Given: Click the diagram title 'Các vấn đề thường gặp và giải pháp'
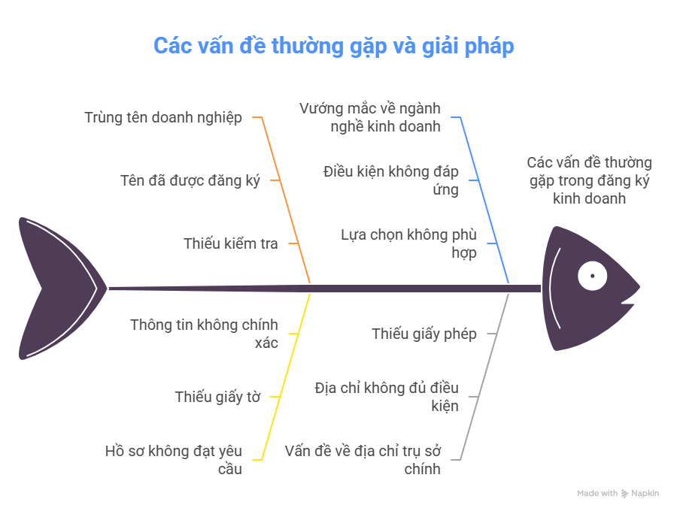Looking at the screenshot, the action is (x=334, y=46).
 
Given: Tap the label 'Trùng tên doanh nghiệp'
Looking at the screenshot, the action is (x=163, y=117).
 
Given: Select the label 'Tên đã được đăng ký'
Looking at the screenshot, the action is (x=190, y=180).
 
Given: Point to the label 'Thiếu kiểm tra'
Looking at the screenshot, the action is (x=231, y=243).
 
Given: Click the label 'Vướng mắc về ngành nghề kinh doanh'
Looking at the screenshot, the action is (x=370, y=117).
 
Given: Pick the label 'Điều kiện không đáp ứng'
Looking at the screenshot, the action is (x=390, y=180).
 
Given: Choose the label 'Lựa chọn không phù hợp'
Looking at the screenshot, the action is (x=409, y=243).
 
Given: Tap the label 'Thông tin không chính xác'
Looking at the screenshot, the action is (x=204, y=334).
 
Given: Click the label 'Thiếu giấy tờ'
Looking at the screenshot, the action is (x=217, y=397).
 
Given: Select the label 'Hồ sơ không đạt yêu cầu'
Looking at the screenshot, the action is (x=174, y=460).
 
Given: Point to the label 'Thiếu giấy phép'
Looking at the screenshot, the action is (x=424, y=334).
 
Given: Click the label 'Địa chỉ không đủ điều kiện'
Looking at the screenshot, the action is (x=387, y=397).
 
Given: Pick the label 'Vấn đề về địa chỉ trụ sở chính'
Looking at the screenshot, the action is (x=363, y=460).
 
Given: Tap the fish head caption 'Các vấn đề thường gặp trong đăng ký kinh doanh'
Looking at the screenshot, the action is (x=589, y=180).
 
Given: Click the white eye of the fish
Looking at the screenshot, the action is (x=593, y=276).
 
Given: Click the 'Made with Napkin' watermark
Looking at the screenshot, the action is (x=618, y=493).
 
